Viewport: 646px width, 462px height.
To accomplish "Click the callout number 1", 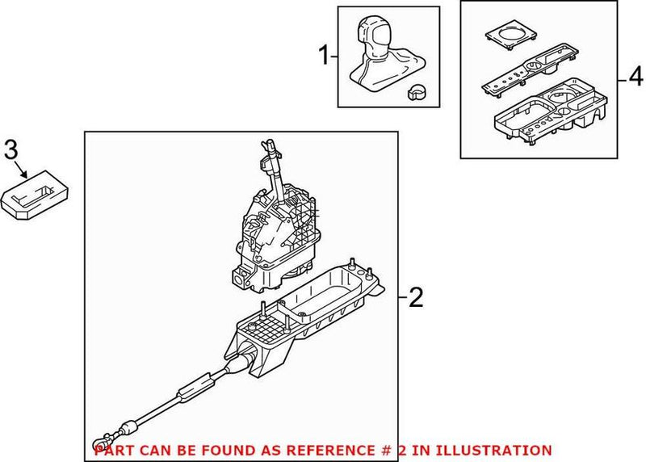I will (325, 57).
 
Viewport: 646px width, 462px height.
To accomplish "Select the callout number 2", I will (415, 298).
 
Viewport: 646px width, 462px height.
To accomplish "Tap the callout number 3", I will (10, 149).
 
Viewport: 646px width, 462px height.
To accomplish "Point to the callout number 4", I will (636, 78).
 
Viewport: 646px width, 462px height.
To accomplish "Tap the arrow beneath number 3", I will (27, 170).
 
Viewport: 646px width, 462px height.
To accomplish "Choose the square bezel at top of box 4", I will (508, 36).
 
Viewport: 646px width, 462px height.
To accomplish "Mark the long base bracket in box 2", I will (307, 323).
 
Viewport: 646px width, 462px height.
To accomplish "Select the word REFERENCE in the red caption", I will (308, 450).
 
